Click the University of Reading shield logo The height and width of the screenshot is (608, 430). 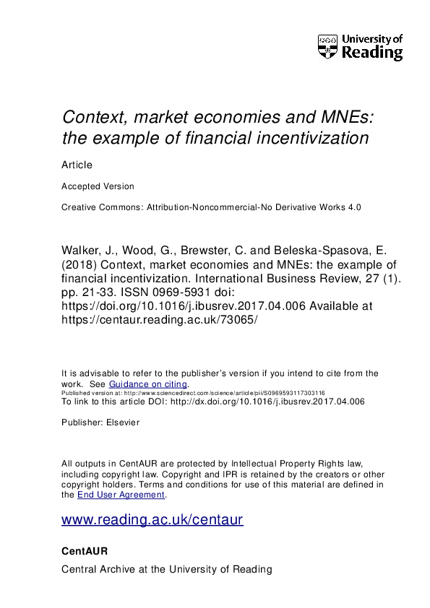pos(327,47)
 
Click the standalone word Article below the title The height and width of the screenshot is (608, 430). pos(77,165)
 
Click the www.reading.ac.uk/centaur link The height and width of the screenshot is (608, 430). pos(152,519)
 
